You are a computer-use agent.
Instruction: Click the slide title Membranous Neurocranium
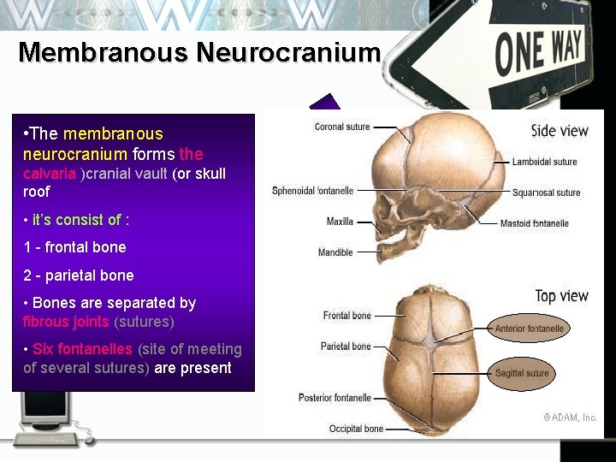[x=198, y=52]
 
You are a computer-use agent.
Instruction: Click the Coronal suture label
[x=342, y=127]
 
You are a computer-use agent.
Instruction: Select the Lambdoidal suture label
[x=545, y=162]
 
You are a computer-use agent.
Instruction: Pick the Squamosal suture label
[x=546, y=192]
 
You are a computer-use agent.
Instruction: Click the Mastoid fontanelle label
[x=546, y=223]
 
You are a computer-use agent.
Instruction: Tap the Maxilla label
[x=340, y=222]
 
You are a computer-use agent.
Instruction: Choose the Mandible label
[x=335, y=252]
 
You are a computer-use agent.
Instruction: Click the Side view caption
[x=560, y=130]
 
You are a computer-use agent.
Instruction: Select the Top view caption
[x=561, y=296]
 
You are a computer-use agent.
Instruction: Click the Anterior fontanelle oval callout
[x=530, y=329]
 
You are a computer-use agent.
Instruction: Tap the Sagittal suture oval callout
[x=522, y=373]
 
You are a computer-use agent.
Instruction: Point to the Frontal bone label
[x=346, y=316]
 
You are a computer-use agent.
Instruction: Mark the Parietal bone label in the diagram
[x=346, y=346]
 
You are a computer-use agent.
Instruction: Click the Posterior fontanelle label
[x=335, y=398]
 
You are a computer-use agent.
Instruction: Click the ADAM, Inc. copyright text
[x=571, y=418]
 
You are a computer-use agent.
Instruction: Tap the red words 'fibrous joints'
[x=66, y=322]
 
